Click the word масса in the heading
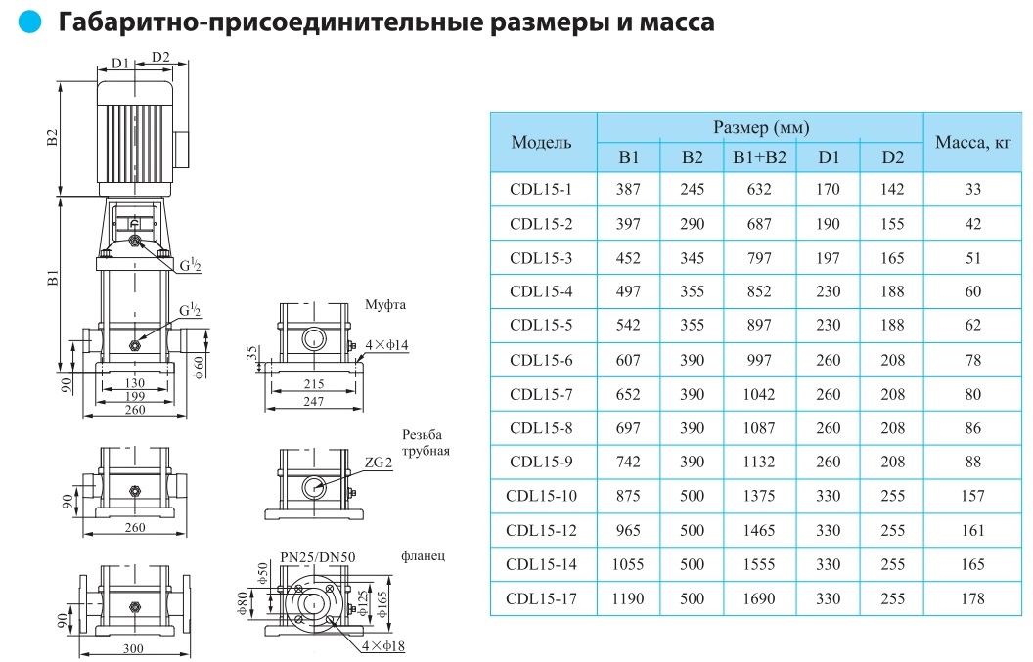click(x=676, y=22)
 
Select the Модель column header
click(x=541, y=143)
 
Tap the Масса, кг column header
click(x=972, y=143)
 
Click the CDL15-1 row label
click(x=541, y=190)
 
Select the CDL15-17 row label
click(x=541, y=598)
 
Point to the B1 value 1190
click(x=628, y=598)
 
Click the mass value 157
click(x=972, y=496)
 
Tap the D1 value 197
click(x=828, y=258)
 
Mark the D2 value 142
click(x=892, y=190)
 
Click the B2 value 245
click(x=692, y=190)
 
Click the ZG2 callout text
click(x=381, y=463)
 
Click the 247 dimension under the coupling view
click(x=313, y=402)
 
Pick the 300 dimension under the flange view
click(x=134, y=649)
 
